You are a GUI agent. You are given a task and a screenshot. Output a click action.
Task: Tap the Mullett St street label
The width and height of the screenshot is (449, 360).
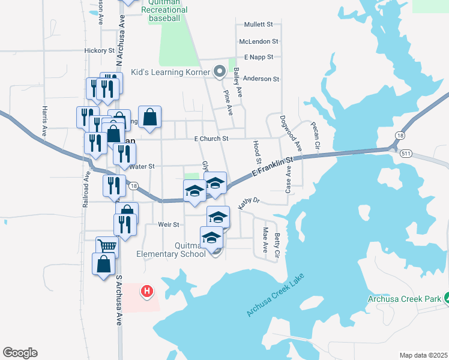(258, 25)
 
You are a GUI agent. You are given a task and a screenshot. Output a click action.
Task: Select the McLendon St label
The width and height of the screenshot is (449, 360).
(258, 41)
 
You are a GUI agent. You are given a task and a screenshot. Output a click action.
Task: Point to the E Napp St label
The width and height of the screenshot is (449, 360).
(259, 57)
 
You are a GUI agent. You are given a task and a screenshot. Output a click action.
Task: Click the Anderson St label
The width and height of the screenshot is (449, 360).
(261, 79)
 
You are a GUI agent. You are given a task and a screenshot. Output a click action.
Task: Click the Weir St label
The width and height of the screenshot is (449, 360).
(169, 224)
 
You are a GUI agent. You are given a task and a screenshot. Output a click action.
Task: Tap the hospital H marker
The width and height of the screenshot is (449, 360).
(146, 292)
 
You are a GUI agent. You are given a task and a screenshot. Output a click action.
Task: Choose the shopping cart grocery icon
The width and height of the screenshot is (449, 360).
(107, 245)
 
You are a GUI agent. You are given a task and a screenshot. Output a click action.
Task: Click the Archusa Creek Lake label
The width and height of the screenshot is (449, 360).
(276, 295)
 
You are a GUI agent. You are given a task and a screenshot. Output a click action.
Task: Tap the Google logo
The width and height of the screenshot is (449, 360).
(20, 353)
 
